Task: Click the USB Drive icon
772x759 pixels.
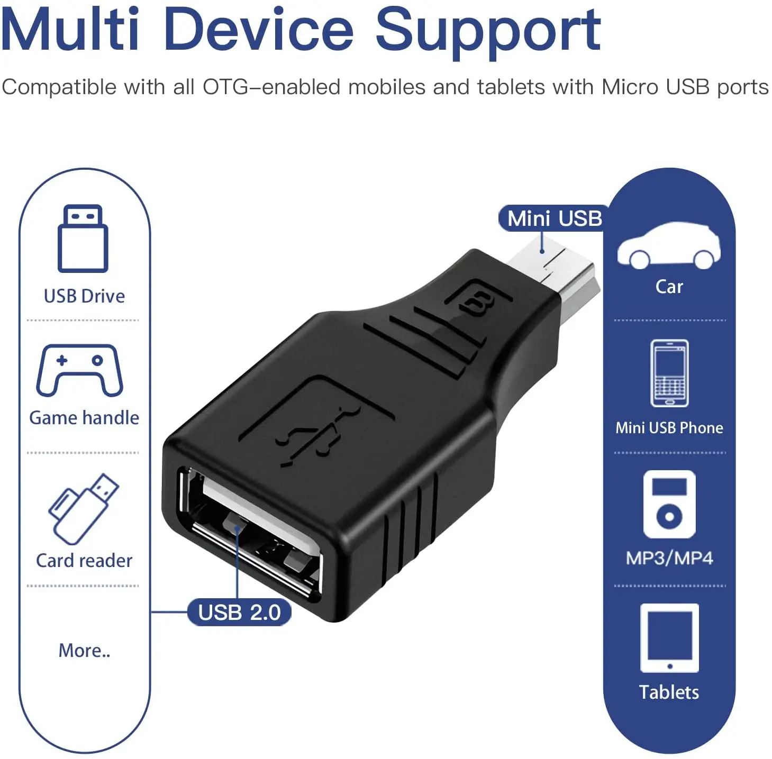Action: click(x=83, y=239)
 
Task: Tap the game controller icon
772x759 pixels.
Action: click(x=79, y=370)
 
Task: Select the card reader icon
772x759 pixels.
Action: click(x=84, y=509)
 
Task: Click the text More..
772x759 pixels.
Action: click(x=84, y=651)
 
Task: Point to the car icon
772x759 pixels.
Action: click(x=668, y=245)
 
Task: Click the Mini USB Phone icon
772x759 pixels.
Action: click(x=669, y=373)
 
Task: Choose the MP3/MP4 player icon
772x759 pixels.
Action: click(x=669, y=504)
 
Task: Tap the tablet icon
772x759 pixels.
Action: click(x=669, y=638)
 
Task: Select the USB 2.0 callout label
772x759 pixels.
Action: click(x=239, y=612)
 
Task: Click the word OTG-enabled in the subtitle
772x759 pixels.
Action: click(x=271, y=87)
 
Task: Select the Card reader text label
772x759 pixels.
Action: click(x=84, y=561)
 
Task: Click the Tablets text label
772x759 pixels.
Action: click(x=669, y=692)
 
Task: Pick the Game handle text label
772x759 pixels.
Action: click(x=84, y=418)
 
